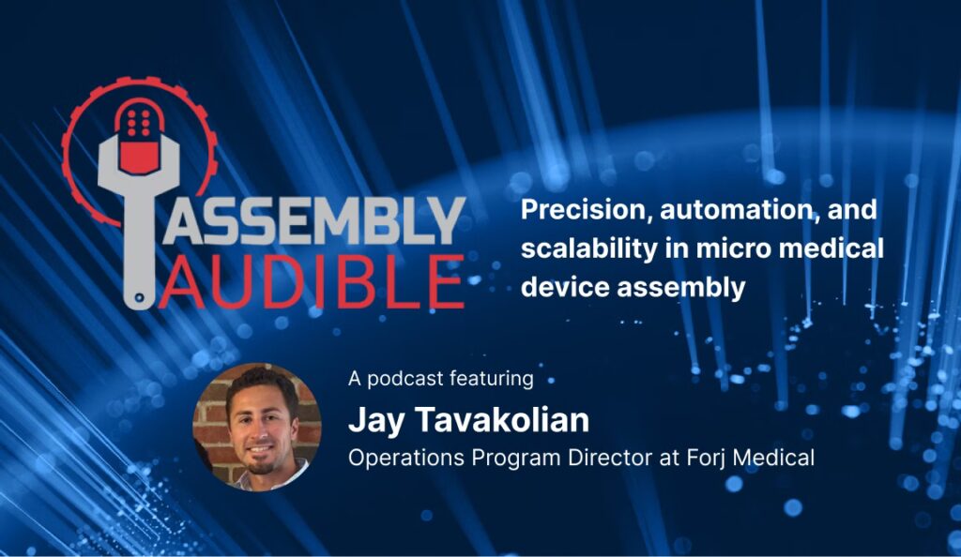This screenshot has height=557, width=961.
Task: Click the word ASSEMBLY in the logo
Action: coord(313,220)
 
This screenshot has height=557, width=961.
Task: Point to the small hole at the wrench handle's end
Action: coord(140,298)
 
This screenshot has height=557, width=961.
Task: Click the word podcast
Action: coord(404,378)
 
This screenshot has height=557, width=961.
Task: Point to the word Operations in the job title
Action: coord(405,458)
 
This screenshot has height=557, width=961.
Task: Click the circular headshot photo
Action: coord(257,427)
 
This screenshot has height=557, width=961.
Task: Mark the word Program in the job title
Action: coord(516,459)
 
